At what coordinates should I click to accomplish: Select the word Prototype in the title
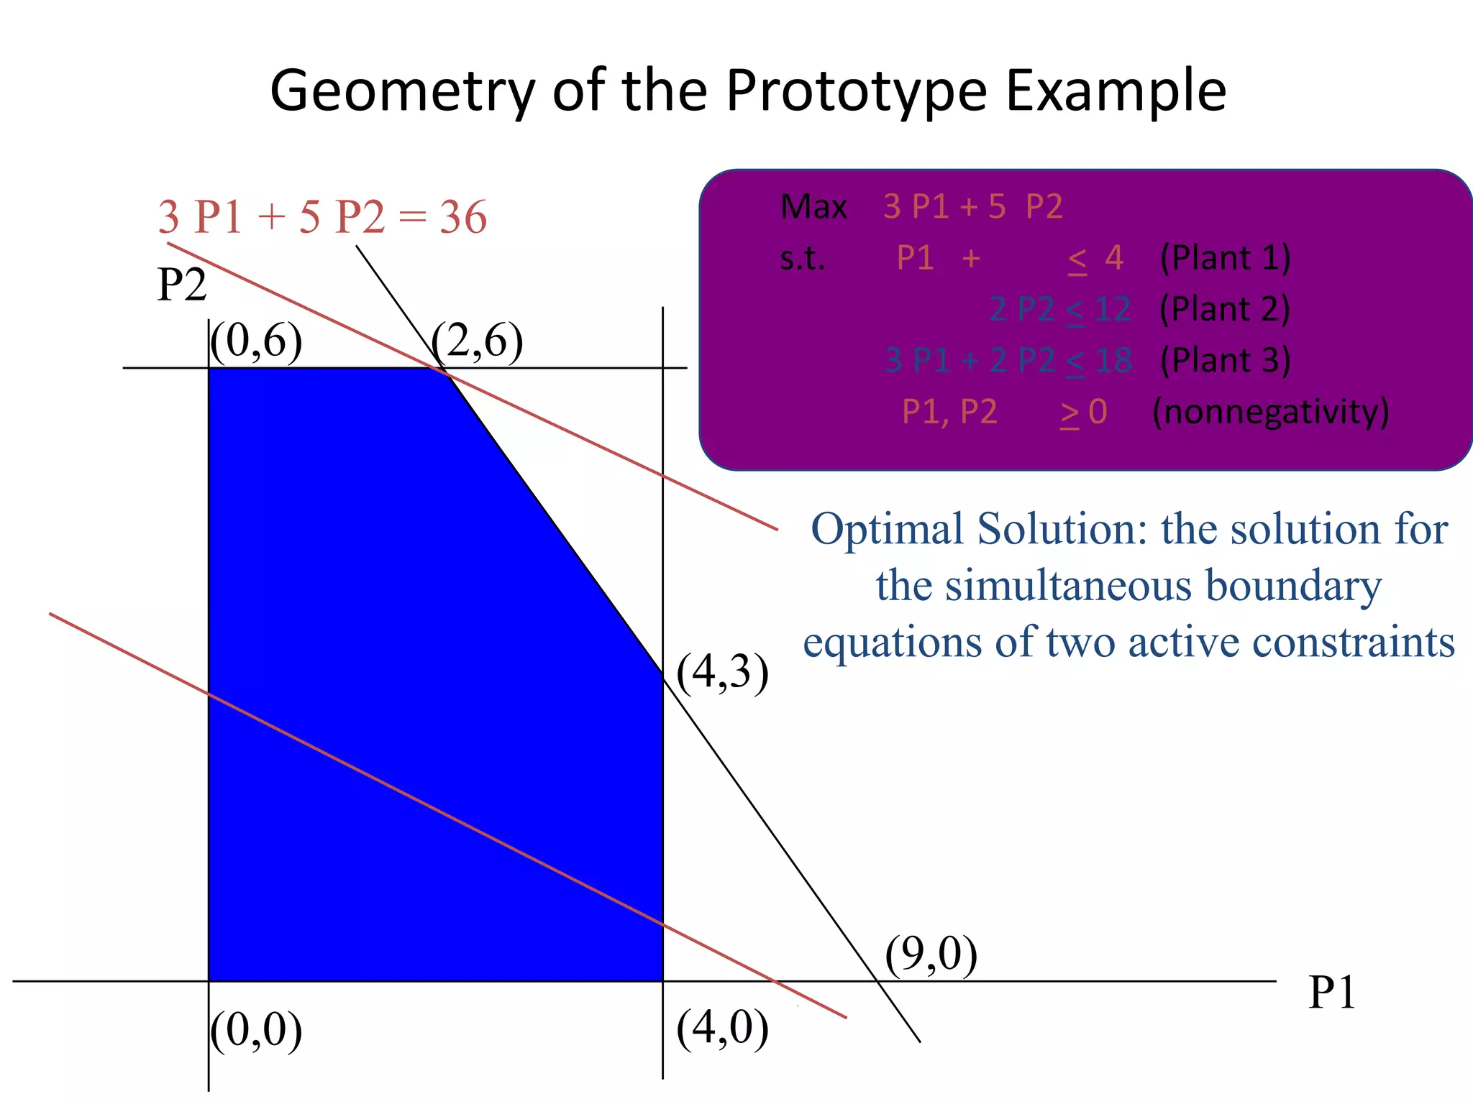(x=857, y=91)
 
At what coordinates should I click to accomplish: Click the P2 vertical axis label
(x=181, y=285)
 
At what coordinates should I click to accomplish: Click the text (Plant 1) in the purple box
(x=1225, y=258)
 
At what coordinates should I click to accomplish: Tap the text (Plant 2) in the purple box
(x=1225, y=309)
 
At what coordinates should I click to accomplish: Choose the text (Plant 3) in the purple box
(x=1225, y=360)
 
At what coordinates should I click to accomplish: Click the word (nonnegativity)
(x=1270, y=412)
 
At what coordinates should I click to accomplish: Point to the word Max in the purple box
(x=813, y=207)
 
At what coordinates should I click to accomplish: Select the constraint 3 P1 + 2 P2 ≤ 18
(x=1008, y=360)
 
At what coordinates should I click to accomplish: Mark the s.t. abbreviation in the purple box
(x=802, y=258)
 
